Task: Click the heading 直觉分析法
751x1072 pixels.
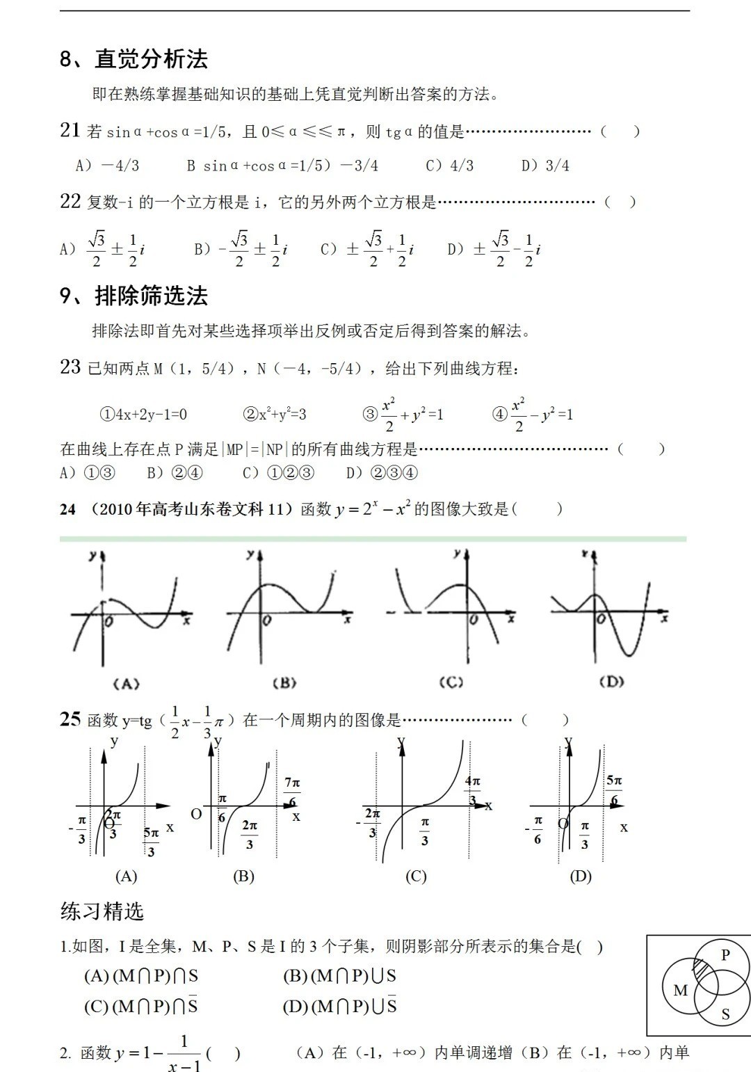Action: tap(151, 59)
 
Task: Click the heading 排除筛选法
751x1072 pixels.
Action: tap(151, 296)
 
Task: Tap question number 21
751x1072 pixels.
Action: tap(70, 130)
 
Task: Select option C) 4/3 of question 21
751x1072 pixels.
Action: tap(449, 166)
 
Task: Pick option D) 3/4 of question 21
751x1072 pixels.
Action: tap(545, 166)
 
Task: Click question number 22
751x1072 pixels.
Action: tap(70, 202)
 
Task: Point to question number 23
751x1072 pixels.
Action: tap(70, 367)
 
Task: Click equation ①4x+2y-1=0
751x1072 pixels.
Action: tap(143, 415)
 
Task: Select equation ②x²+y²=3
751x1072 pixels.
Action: tap(275, 415)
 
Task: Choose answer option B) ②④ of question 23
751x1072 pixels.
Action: tap(175, 473)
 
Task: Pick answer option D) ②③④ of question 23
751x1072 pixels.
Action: tap(382, 473)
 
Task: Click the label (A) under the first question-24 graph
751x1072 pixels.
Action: tap(126, 684)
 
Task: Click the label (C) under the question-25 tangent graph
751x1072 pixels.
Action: tap(416, 877)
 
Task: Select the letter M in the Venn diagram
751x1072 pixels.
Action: tap(680, 990)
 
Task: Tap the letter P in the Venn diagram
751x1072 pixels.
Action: tap(725, 954)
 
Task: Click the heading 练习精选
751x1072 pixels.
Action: tap(102, 911)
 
